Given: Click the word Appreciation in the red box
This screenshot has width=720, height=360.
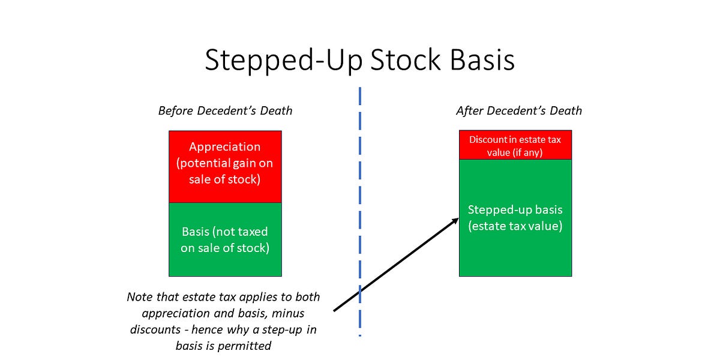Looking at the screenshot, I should point(224,147).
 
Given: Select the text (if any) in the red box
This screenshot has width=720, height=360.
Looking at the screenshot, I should point(526,152).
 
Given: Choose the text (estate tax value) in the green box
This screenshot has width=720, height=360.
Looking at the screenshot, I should point(515,227).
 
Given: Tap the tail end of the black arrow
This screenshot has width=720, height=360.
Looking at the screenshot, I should point(334,310).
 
